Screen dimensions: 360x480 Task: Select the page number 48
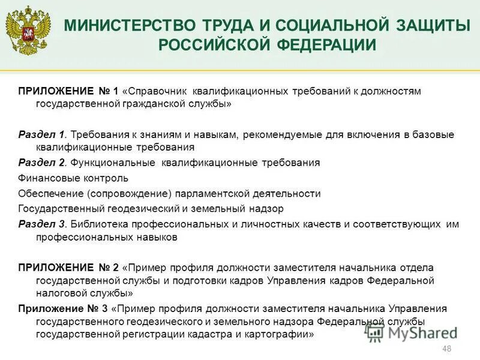tap(446, 349)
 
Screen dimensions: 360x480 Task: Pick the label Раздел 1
tap(41, 134)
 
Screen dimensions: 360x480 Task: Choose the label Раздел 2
tap(41, 163)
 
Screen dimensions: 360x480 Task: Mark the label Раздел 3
tap(41, 224)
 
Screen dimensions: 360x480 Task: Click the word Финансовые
tap(46, 178)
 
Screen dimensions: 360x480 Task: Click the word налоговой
tap(59, 293)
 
